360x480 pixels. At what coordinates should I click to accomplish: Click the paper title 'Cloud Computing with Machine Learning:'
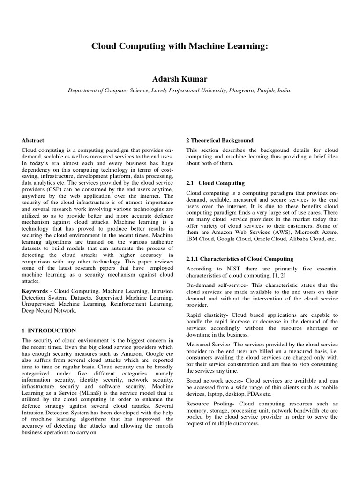(180, 46)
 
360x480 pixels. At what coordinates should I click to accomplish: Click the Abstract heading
(33, 140)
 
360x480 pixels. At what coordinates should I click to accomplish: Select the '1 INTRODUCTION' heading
(49, 330)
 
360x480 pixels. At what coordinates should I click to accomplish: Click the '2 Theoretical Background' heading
(220, 140)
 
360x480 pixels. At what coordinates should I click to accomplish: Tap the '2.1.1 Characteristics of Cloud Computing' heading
(240, 259)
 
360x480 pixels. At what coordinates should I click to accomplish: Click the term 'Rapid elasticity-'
(206, 315)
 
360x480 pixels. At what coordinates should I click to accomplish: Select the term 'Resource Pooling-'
(207, 404)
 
